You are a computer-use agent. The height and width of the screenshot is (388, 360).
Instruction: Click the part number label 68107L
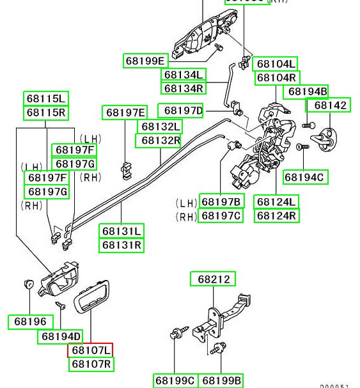click(x=90, y=350)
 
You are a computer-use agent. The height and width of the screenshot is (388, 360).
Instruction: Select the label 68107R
click(x=91, y=364)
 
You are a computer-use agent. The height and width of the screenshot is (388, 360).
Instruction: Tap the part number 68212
click(x=213, y=279)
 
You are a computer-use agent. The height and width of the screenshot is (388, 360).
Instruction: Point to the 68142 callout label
click(x=329, y=105)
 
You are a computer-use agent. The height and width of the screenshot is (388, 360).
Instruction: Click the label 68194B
click(x=307, y=91)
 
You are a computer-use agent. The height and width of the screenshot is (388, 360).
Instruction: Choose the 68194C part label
click(x=304, y=177)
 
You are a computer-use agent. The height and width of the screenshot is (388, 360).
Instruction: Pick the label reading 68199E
click(x=145, y=61)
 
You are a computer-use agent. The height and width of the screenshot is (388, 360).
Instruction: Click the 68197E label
click(x=125, y=113)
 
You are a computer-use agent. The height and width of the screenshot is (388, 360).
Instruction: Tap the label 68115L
click(x=46, y=99)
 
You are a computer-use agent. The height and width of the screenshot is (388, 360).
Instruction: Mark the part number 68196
click(x=30, y=322)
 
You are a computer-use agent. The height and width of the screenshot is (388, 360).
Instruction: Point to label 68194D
click(x=61, y=336)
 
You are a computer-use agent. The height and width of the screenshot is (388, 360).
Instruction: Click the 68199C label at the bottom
click(x=175, y=381)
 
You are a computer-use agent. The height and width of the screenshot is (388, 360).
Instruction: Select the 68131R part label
click(x=121, y=245)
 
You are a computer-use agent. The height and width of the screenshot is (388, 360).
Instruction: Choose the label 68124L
click(x=276, y=202)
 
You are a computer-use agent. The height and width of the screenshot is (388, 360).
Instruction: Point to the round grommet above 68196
click(x=28, y=284)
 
